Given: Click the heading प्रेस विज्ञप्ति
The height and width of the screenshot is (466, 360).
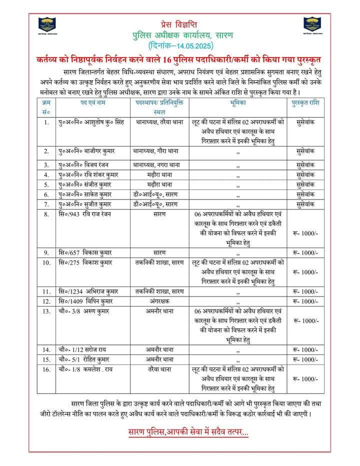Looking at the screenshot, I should click(x=179, y=23).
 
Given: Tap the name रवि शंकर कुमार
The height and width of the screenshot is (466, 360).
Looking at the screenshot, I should click(x=85, y=174).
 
